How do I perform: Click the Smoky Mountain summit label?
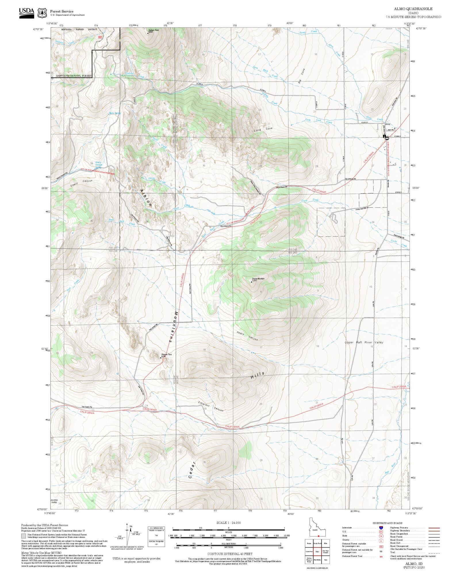[x=258, y=279]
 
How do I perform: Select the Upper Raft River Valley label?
[x=364, y=342]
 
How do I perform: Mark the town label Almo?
[x=388, y=124]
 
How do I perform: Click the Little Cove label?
[x=263, y=130]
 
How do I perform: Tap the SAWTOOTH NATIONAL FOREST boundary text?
[x=74, y=76]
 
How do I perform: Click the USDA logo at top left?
[x=26, y=13]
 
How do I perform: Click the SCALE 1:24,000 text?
[x=229, y=523]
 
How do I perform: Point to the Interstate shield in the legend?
[x=381, y=528]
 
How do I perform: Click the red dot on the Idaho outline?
[x=318, y=536]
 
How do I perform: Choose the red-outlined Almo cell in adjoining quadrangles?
[x=317, y=552]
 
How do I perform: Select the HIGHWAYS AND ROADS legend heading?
[x=387, y=523]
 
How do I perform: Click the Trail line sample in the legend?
[x=434, y=552]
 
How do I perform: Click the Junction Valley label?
[x=54, y=501]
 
